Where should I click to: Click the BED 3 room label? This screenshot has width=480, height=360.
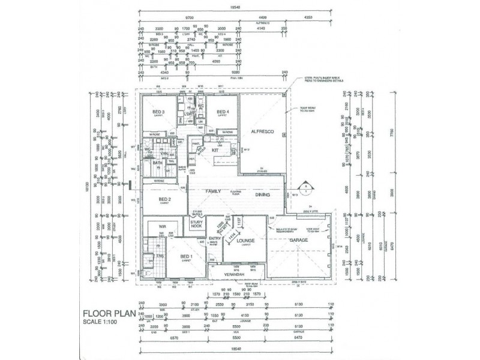(158, 112)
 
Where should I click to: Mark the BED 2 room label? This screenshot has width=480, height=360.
(166, 200)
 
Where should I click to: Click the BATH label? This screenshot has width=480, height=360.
(158, 163)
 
